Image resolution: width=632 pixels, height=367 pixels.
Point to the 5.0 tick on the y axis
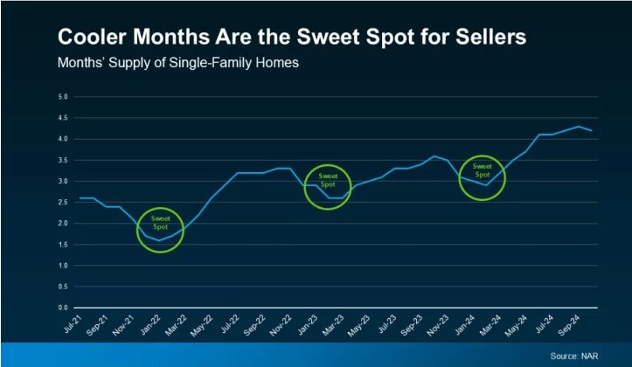point(63,96)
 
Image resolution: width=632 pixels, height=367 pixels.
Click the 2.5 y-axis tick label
point(63,202)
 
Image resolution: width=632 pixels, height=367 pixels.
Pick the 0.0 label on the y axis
point(63,308)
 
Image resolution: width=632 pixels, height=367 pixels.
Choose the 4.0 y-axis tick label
point(63,139)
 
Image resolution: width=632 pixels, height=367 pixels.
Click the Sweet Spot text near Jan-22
point(161,222)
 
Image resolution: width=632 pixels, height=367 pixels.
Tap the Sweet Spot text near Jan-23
point(327,180)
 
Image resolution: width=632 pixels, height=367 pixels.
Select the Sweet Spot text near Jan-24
point(483,170)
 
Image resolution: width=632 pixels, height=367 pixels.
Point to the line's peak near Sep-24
point(578,126)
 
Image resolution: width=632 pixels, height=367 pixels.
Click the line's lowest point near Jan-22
point(159,240)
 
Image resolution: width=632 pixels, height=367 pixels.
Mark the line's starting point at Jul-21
point(80,198)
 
